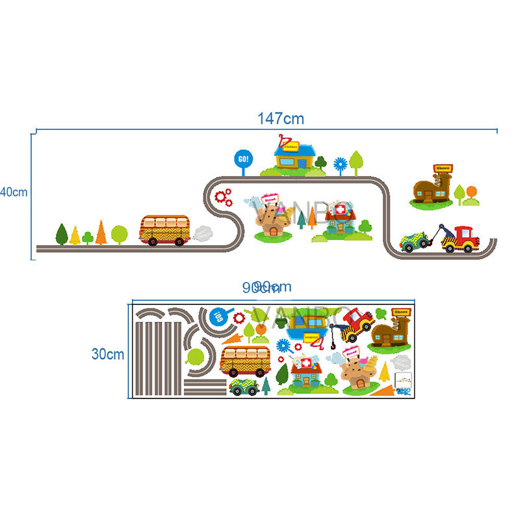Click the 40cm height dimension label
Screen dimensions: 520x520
coord(13,192)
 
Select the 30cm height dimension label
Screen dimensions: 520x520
coord(107,354)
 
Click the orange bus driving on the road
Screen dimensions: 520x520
coord(164,230)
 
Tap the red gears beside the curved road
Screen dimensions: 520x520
coord(223,196)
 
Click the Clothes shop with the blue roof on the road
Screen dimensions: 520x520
coord(294,158)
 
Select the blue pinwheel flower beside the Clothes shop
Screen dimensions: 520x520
coord(339,162)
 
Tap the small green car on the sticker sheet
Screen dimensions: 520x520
coord(244,387)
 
